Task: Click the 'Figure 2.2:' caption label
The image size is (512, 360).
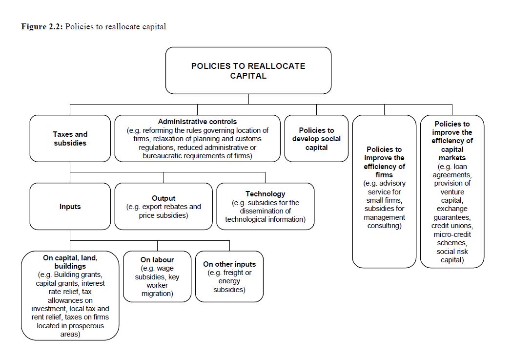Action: (x=42, y=26)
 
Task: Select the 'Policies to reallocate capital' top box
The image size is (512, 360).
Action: (x=248, y=70)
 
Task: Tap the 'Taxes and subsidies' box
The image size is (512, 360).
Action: (x=70, y=138)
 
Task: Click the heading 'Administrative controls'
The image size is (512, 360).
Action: (x=197, y=122)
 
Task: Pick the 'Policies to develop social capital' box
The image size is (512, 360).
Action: (x=316, y=138)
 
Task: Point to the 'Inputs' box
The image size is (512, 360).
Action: (x=70, y=207)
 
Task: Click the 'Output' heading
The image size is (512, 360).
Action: (x=164, y=198)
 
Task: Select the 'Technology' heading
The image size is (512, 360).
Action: (x=265, y=194)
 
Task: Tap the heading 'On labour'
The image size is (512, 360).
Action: (x=157, y=260)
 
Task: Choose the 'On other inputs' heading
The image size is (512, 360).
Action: (x=229, y=264)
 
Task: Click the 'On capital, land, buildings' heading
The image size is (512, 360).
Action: (x=70, y=262)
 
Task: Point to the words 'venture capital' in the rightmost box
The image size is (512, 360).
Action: (x=451, y=196)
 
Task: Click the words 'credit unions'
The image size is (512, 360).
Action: (x=452, y=226)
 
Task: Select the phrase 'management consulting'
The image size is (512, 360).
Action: (x=384, y=221)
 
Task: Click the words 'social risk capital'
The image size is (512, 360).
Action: (x=452, y=255)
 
